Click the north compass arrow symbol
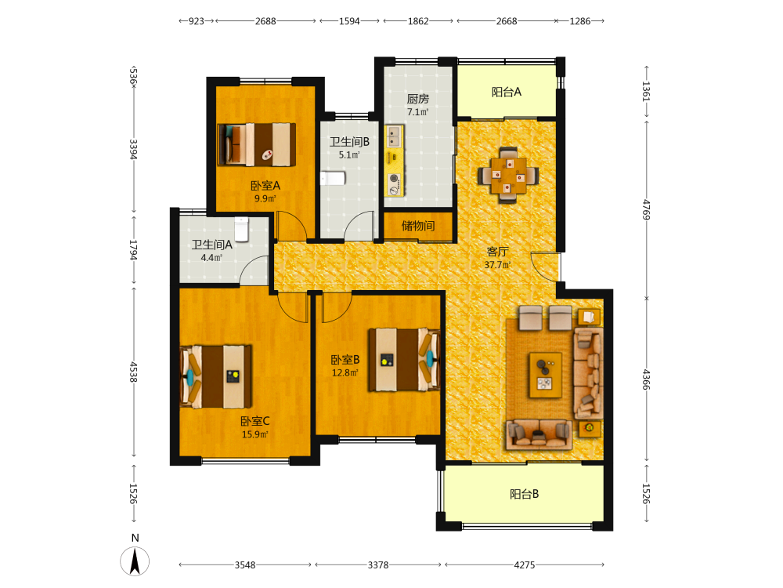pyautogui.click(x=135, y=561)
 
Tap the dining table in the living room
pyautogui.click(x=508, y=175)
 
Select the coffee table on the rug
pyautogui.click(x=545, y=375)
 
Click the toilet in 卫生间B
pyautogui.click(x=333, y=178)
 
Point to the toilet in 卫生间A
pyautogui.click(x=242, y=229)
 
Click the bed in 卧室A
pyautogui.click(x=257, y=144)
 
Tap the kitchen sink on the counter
pyautogui.click(x=394, y=136)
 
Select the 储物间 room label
pyautogui.click(x=418, y=226)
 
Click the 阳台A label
pyautogui.click(x=507, y=92)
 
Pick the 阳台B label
pyautogui.click(x=525, y=494)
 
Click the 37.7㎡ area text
pyautogui.click(x=497, y=264)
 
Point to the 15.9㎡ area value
pyautogui.click(x=255, y=434)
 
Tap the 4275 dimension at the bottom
pyautogui.click(x=525, y=565)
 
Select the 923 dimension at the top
pyautogui.click(x=197, y=21)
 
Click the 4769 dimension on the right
pyautogui.click(x=647, y=209)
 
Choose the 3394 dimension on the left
pyautogui.click(x=133, y=149)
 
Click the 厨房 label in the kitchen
pyautogui.click(x=418, y=99)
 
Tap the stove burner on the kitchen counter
pyautogui.click(x=394, y=178)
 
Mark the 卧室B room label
pyautogui.click(x=345, y=360)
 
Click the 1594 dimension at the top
pyautogui.click(x=349, y=21)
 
